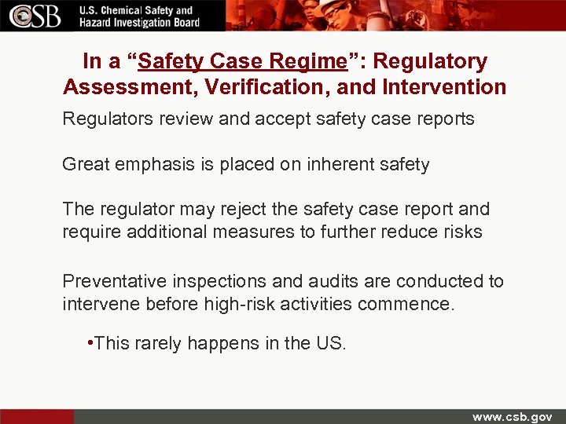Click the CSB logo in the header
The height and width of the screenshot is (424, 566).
pos(33,16)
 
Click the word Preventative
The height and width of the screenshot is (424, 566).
pos(115,281)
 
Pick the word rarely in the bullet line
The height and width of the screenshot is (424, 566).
pos(156,343)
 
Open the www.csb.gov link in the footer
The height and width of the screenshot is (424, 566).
pos(512,416)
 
